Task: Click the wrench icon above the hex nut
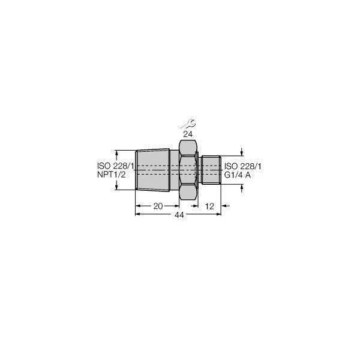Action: [x=188, y=124]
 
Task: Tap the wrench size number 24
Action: [x=188, y=134]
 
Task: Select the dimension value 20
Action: [x=158, y=206]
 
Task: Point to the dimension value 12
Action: [x=209, y=206]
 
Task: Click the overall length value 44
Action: [x=179, y=215]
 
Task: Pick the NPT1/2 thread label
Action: [x=112, y=175]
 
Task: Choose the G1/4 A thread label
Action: [x=238, y=175]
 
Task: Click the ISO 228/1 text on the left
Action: [x=115, y=166]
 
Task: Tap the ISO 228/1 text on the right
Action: [x=242, y=166]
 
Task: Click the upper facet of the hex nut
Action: [x=188, y=148]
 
